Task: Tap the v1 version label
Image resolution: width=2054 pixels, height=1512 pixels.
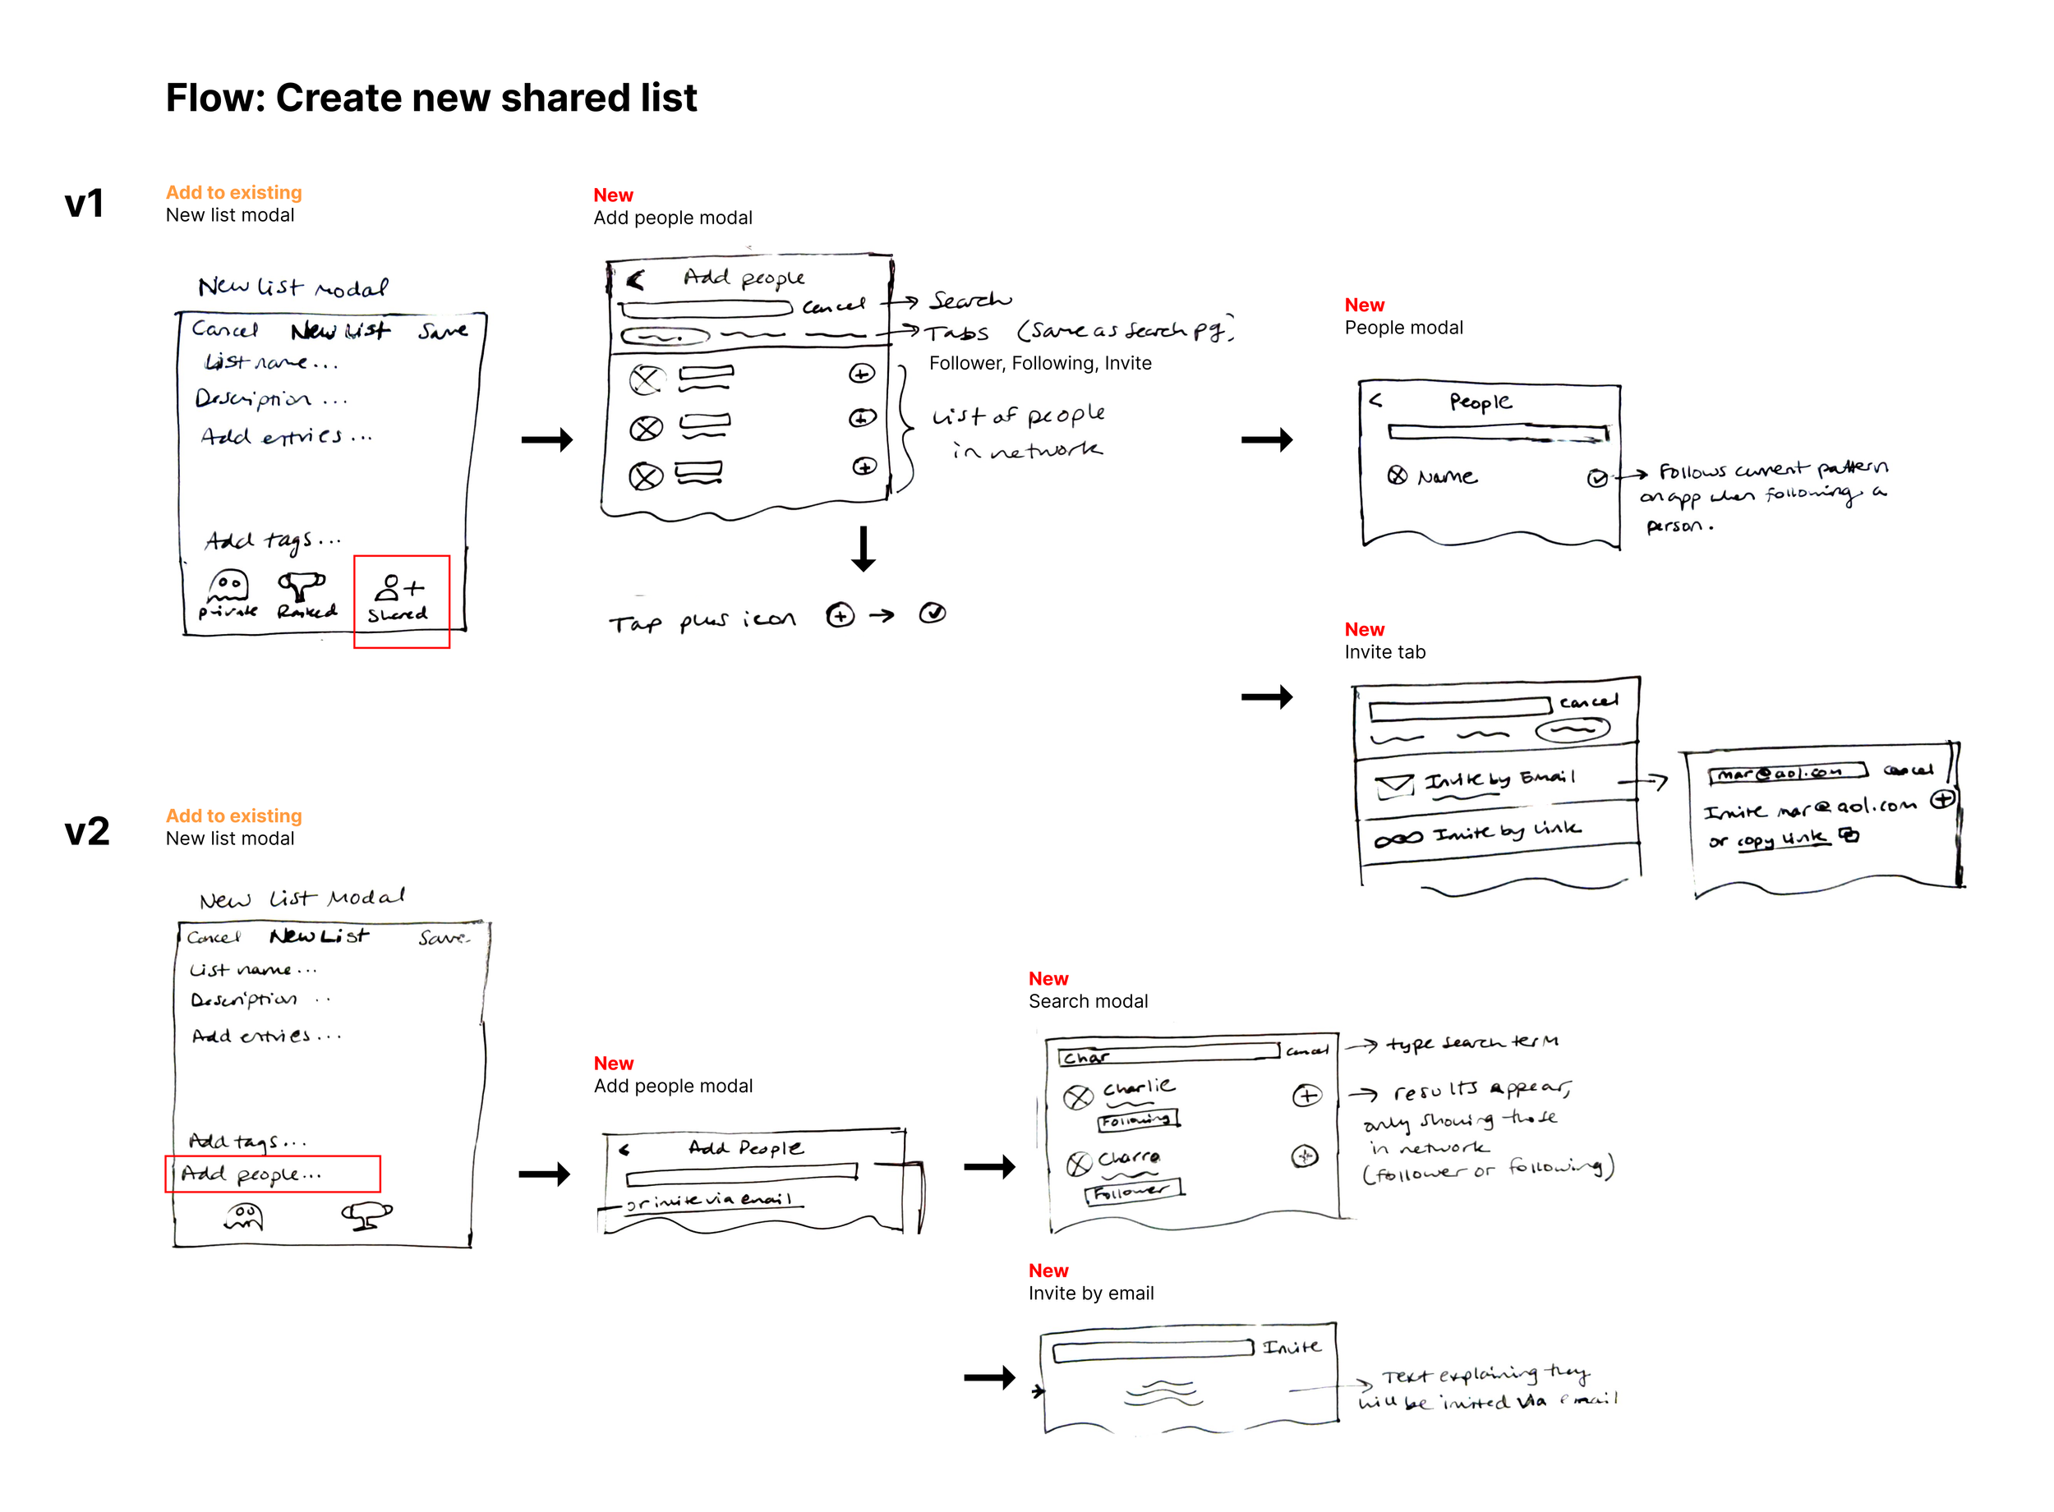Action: pos(84,203)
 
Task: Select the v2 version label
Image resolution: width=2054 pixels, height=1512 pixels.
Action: pos(87,831)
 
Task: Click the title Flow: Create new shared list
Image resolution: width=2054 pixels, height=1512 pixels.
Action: pos(431,98)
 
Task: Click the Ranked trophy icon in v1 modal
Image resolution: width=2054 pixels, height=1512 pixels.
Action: pos(302,586)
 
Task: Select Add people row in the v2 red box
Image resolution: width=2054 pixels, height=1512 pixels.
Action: pos(272,1174)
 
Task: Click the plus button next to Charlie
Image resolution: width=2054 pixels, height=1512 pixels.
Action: pos(1306,1095)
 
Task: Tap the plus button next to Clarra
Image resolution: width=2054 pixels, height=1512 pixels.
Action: pos(1305,1156)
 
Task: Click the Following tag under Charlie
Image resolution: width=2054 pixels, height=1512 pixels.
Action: pos(1138,1119)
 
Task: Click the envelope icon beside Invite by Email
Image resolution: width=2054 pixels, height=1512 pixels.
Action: pos(1394,784)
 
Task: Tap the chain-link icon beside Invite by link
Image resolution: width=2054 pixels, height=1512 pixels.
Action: pos(1398,839)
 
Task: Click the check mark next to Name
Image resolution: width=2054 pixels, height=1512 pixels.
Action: pos(1596,478)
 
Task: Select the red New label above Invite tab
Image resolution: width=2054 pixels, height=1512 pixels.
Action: pos(1364,630)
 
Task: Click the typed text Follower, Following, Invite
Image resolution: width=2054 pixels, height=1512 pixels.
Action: pos(1040,363)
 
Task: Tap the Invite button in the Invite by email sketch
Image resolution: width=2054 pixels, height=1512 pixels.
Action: pos(1291,1346)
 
